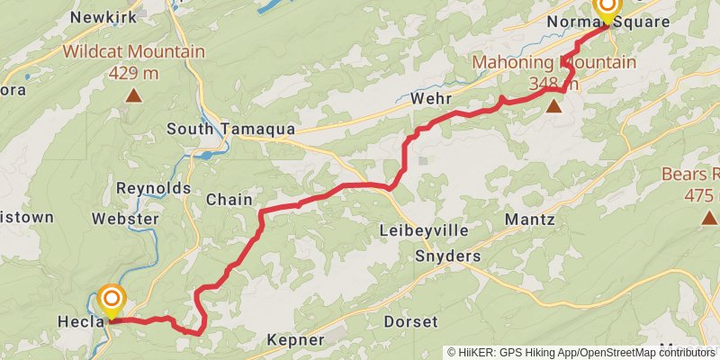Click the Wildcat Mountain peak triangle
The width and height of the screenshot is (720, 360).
tap(133, 94)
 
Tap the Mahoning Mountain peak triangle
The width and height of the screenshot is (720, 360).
tap(554, 107)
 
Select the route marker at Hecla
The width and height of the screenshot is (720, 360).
tap(112, 301)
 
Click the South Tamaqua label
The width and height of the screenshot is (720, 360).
tap(231, 130)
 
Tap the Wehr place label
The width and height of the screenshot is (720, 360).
tap(428, 97)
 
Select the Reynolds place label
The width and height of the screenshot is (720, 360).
tap(154, 188)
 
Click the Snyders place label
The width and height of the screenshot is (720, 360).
tap(447, 256)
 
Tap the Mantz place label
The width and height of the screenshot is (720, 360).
tap(530, 219)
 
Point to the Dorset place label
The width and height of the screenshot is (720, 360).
tap(410, 321)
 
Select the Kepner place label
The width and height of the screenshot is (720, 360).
tap(295, 340)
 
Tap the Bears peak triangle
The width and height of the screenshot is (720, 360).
tap(708, 217)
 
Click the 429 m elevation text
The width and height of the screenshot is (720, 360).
tap(133, 73)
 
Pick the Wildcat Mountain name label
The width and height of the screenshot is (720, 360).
tap(133, 51)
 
